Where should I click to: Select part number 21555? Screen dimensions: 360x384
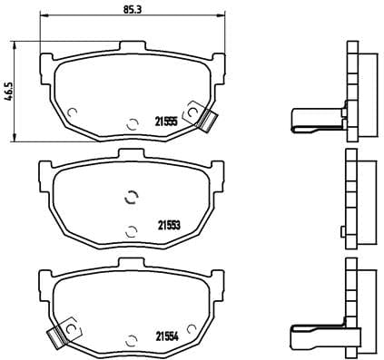click(x=165, y=122)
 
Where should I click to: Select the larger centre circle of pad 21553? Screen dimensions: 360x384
click(x=130, y=199)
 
